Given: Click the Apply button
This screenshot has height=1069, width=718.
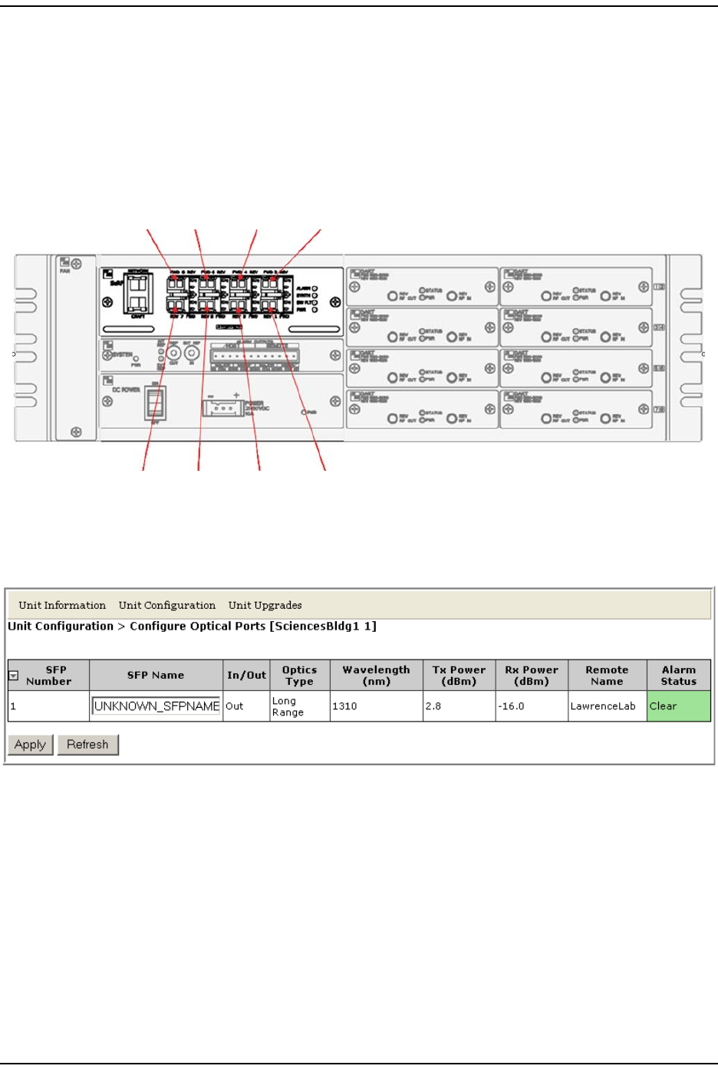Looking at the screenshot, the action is pyautogui.click(x=31, y=745).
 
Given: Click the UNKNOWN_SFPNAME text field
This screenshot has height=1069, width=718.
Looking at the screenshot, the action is pyautogui.click(x=156, y=706).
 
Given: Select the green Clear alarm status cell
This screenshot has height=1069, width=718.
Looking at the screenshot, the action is pyautogui.click(x=678, y=706).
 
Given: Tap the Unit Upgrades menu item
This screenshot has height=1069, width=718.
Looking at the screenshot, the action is pyautogui.click(x=265, y=605).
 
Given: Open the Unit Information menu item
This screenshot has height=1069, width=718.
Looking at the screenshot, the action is pyautogui.click(x=62, y=605).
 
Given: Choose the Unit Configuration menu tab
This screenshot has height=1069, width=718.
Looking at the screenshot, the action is pyautogui.click(x=167, y=605).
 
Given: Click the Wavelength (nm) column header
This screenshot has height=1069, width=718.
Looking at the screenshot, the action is pyautogui.click(x=376, y=676).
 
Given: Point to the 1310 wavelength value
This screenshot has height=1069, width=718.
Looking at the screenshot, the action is pyautogui.click(x=344, y=706).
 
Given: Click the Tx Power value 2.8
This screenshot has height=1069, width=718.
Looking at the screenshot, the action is pyautogui.click(x=433, y=706).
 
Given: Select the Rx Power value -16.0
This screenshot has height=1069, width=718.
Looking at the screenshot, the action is pyautogui.click(x=511, y=706).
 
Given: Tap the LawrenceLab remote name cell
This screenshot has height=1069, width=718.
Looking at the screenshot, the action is pyautogui.click(x=603, y=706).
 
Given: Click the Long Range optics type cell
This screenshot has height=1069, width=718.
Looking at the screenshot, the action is pyautogui.click(x=288, y=706).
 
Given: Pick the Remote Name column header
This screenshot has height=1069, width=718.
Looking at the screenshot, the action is pyautogui.click(x=607, y=676).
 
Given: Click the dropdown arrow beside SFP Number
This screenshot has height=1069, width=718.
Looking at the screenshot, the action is pyautogui.click(x=13, y=676).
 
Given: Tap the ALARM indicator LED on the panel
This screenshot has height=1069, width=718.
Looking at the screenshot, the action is pyautogui.click(x=315, y=288).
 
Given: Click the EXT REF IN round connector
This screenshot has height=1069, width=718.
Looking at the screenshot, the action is pyautogui.click(x=192, y=354).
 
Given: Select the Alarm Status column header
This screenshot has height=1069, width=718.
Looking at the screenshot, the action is pyautogui.click(x=678, y=676).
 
